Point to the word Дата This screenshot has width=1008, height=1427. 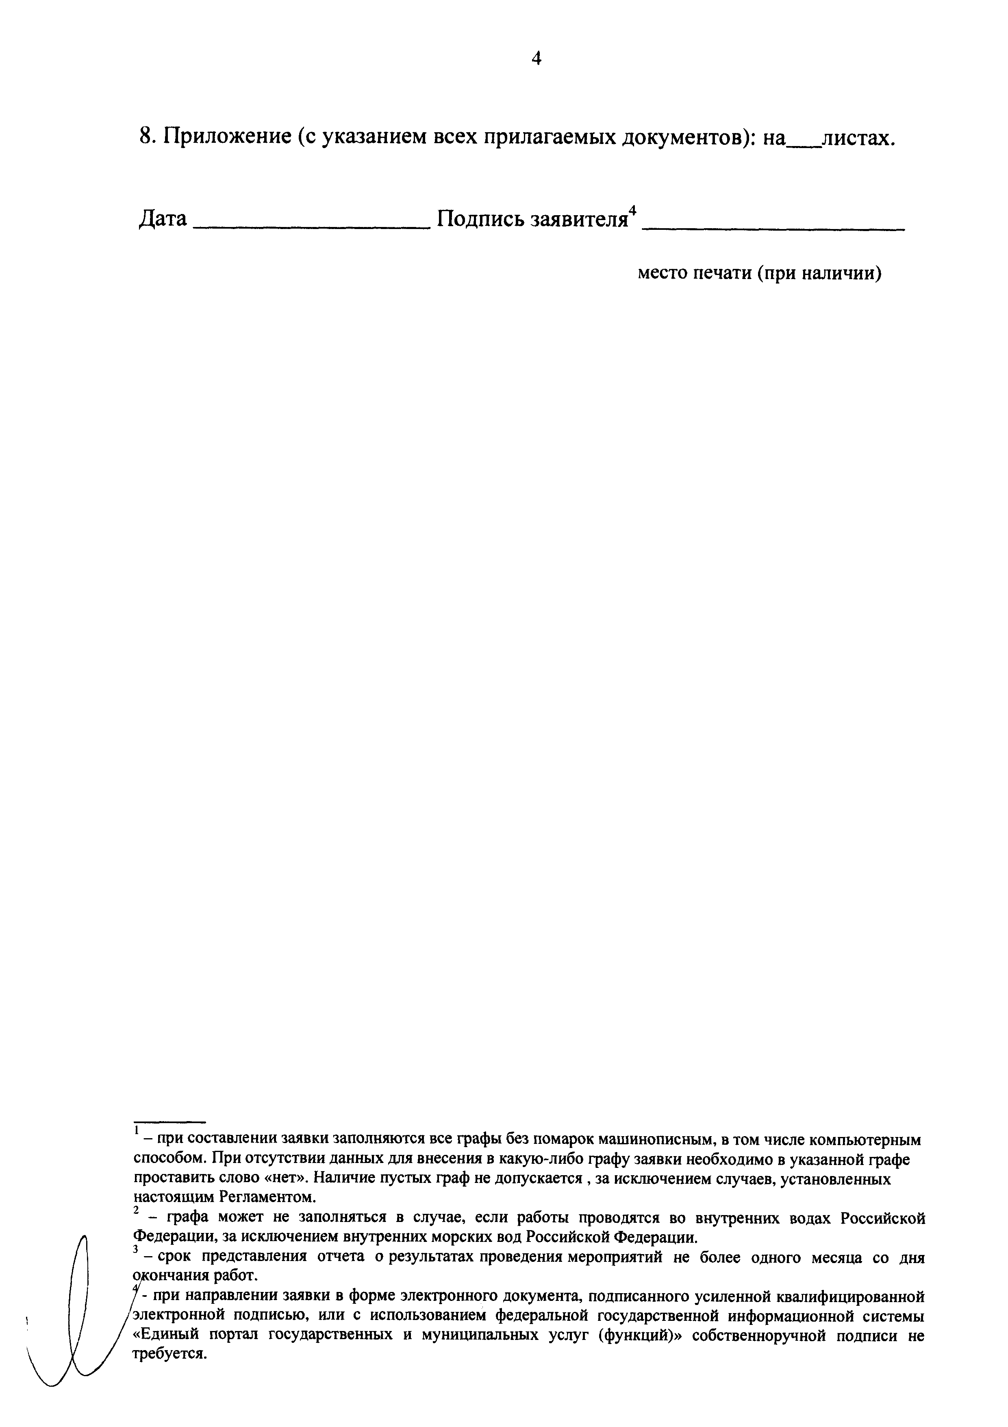(162, 219)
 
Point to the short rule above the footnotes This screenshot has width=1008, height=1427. (169, 1122)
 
